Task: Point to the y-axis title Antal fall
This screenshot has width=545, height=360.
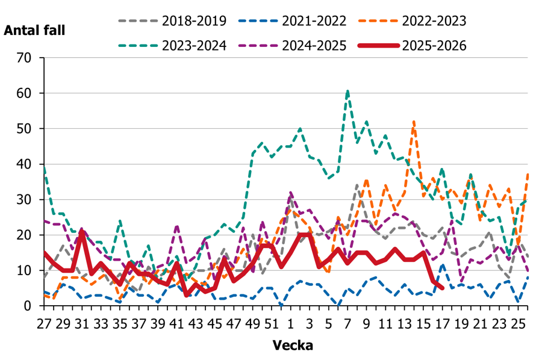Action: coord(34,31)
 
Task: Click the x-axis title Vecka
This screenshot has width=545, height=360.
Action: coord(293,346)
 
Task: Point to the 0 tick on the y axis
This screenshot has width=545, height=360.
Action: coord(28,306)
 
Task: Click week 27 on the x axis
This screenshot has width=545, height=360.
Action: coord(44,324)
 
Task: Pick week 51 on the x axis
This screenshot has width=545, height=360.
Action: coord(272,324)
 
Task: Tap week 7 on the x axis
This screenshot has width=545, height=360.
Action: coord(347,324)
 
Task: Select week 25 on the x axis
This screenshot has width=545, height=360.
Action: coord(519,324)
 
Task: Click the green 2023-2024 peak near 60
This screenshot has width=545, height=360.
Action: coord(347,91)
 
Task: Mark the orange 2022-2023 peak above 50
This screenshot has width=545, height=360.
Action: coord(414,121)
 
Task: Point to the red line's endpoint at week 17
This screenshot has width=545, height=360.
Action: coord(443,288)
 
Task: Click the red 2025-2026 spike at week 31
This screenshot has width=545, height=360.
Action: coord(82,231)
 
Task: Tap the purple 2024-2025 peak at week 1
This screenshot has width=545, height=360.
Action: coord(291,192)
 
